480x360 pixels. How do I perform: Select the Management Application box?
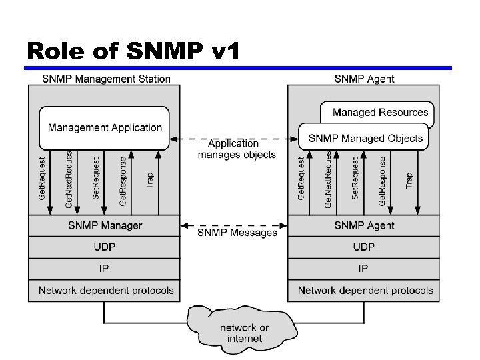[x=105, y=127]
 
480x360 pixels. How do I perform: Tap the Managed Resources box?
[x=381, y=112]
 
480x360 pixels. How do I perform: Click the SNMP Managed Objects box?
[x=365, y=138]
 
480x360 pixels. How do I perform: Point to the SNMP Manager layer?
[x=105, y=225]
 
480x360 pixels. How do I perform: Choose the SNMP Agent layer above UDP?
[x=364, y=225]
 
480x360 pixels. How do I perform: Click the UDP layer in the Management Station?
[x=105, y=247]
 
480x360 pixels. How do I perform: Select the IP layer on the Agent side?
[x=364, y=269]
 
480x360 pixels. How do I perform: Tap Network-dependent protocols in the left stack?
[x=105, y=291]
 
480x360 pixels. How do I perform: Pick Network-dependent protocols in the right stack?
[x=365, y=291]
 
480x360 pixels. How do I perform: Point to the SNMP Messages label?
[x=237, y=233]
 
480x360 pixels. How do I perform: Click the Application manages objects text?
[x=236, y=149]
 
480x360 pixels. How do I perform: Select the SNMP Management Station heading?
[x=106, y=79]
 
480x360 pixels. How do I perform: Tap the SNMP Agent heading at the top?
[x=364, y=79]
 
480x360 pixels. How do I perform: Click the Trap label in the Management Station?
[x=150, y=179]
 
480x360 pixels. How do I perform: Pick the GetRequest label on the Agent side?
[x=301, y=179]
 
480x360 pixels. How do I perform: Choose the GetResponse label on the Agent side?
[x=383, y=181]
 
